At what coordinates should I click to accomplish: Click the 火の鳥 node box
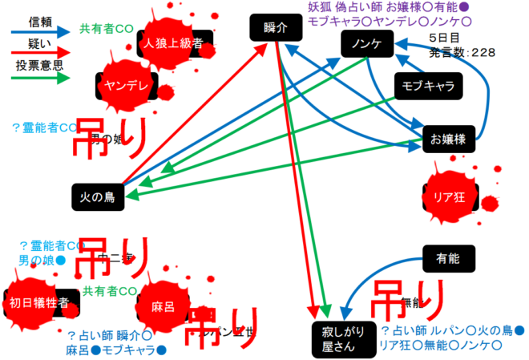click(97, 195)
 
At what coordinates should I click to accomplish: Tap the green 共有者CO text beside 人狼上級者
click(106, 29)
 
